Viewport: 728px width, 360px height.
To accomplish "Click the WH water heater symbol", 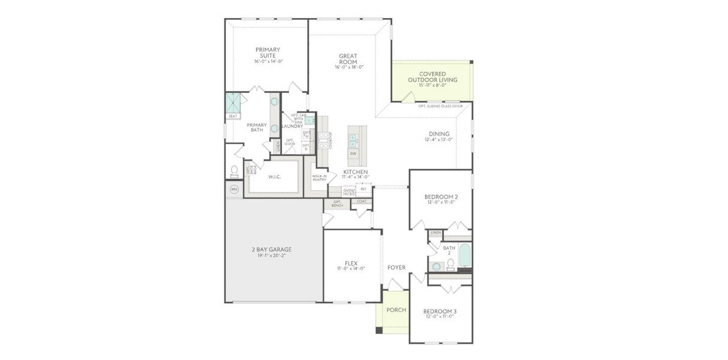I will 234,190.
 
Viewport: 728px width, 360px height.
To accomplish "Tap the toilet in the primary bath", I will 234,172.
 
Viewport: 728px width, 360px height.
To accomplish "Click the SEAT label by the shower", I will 233,116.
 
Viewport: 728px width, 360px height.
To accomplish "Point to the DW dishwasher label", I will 353,154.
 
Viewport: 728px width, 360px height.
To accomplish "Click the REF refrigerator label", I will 363,189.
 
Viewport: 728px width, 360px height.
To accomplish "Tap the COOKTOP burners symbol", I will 323,140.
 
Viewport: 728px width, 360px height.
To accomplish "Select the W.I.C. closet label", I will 275,177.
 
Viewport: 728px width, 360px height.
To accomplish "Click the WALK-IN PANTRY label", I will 319,178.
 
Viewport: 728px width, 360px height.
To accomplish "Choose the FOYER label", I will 396,268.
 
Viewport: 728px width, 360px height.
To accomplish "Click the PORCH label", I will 396,310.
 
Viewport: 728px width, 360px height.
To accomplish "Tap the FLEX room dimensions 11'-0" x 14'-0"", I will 351,269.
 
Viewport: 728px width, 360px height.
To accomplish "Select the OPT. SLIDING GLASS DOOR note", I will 440,106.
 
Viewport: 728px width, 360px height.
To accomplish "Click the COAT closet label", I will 362,201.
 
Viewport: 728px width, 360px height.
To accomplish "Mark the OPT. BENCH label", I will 337,204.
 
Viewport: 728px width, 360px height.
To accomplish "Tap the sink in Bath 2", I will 437,266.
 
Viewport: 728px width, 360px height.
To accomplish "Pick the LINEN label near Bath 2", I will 435,232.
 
